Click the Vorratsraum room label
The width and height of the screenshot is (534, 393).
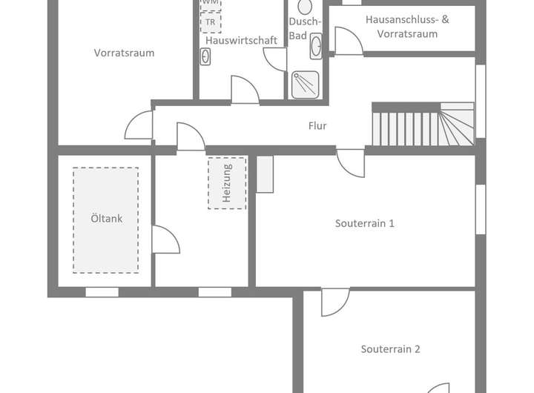coord(124,53)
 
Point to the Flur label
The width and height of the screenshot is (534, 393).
coord(317,126)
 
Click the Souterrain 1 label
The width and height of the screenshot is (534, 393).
coord(364,223)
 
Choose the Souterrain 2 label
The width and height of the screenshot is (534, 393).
coord(391,349)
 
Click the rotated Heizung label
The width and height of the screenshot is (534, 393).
coord(227,182)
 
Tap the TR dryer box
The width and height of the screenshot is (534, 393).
coord(211,22)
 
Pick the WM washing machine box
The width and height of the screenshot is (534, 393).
coord(210,4)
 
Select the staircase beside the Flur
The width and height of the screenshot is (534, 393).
coord(422,125)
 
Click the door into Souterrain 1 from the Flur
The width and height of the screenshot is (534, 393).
coord(351,162)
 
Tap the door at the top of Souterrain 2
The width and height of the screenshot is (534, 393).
coord(335,301)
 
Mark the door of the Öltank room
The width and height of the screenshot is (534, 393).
coord(165,239)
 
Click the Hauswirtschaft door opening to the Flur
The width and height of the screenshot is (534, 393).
coord(245,89)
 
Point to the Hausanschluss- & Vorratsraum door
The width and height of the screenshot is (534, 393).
coord(347,41)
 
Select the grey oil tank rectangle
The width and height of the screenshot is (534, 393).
coord(105,219)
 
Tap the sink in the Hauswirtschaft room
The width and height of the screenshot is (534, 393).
coord(205,56)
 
